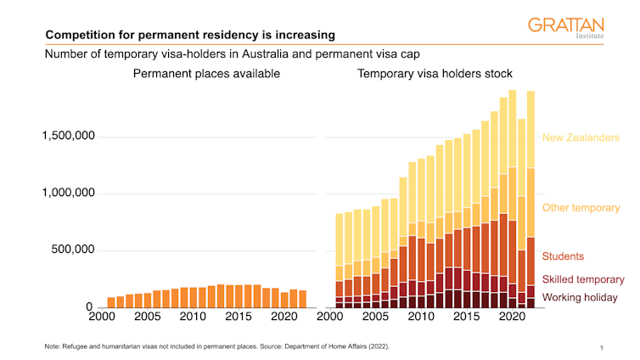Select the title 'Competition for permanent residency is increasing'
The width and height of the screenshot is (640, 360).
pos(189,36)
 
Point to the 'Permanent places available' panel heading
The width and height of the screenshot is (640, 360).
pos(206,74)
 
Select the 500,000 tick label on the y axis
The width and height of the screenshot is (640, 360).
pos(73,250)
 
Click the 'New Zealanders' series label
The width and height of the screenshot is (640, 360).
pos(581,138)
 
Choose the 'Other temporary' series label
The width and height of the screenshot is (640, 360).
pos(581,208)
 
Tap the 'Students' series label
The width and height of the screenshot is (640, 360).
pos(563,256)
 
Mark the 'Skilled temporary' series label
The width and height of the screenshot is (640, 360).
pos(583,279)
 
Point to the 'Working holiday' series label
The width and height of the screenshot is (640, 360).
pos(580,298)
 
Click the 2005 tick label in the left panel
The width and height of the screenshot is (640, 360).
pos(147,317)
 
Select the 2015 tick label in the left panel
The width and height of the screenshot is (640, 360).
pos(239,317)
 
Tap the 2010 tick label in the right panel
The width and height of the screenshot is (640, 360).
pos(419,317)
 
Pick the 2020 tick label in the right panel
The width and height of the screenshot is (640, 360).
pos(511,317)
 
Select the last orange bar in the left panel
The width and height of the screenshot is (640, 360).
pos(303,299)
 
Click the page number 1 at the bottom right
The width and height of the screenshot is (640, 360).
pos(601,348)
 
